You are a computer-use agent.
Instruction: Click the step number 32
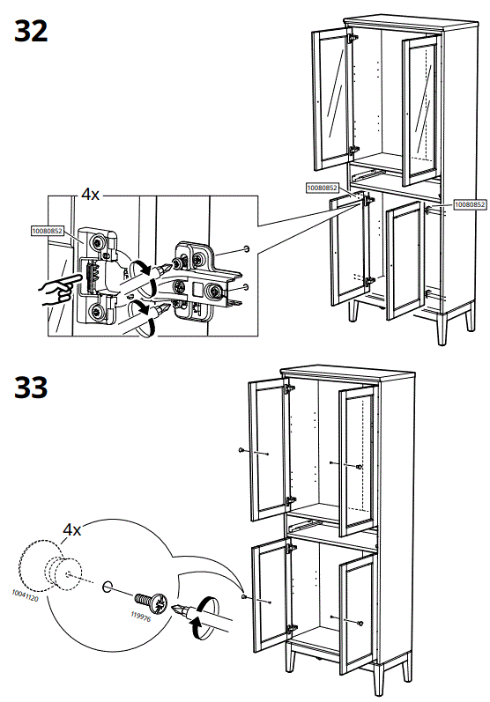pos(31,32)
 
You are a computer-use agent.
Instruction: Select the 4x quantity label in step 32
pos(90,194)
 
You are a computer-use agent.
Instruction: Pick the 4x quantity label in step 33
pos(71,529)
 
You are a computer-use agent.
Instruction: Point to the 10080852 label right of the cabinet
pos(470,204)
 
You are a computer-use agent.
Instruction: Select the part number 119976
pos(140,617)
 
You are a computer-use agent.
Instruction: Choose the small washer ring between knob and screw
pos(108,587)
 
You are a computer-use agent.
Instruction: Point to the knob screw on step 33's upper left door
pos(241,450)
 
